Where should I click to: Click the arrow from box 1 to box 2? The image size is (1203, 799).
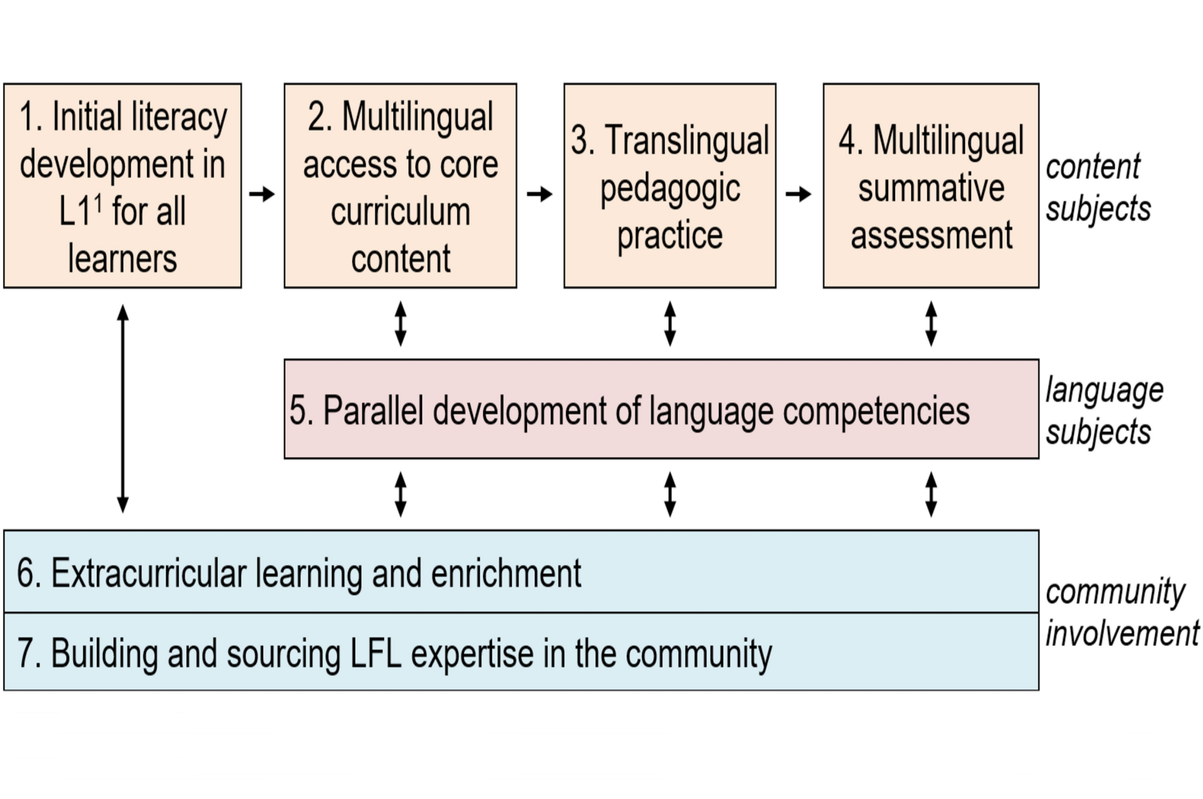tap(262, 194)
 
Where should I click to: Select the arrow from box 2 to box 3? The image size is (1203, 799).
tap(540, 194)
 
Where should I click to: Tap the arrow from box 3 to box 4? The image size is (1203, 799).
tap(798, 194)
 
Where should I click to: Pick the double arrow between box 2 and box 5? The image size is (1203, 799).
tap(401, 323)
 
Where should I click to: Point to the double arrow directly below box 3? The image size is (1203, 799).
tap(670, 323)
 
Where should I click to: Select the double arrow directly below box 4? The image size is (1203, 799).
tap(931, 323)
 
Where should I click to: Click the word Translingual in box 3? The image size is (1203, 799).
tap(686, 140)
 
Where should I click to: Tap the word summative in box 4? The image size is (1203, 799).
tap(931, 188)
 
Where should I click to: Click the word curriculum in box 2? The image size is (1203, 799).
tap(401, 211)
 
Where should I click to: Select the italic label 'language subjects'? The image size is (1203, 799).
tap(1103, 411)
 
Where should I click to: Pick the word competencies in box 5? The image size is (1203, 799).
tap(876, 412)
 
